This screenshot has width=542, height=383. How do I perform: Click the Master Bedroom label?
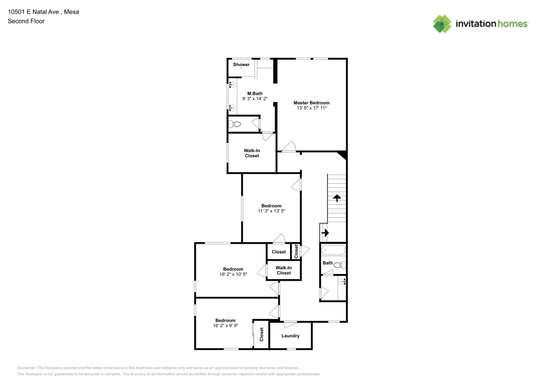click(x=312, y=102)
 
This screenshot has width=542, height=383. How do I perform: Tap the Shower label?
click(x=241, y=64)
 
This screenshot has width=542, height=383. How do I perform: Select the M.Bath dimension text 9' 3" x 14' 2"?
click(x=255, y=99)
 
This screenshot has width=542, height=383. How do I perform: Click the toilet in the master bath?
click(x=236, y=124)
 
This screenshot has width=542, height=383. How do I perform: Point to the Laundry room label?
click(x=291, y=336)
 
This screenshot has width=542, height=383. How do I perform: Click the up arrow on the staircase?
click(x=337, y=198)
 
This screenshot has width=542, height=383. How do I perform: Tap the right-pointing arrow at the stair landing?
click(x=325, y=233)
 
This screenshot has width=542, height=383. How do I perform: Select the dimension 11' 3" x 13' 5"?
click(x=272, y=211)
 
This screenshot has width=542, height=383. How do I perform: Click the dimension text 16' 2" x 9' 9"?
click(x=225, y=326)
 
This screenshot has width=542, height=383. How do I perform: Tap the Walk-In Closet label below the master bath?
click(x=252, y=153)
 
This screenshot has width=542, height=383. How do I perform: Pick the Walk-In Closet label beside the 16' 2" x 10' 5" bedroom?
click(x=284, y=270)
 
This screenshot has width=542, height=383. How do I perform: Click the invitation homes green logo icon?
click(x=442, y=24)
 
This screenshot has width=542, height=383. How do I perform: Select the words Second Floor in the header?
click(x=26, y=21)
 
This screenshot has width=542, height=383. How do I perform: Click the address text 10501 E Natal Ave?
click(x=33, y=12)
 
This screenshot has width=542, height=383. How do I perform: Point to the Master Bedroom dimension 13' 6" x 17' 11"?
click(x=312, y=108)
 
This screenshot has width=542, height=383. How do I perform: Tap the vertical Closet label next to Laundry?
click(x=262, y=334)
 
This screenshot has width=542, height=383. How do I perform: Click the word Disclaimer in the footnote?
click(x=26, y=368)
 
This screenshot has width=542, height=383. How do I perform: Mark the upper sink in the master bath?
click(x=233, y=85)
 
